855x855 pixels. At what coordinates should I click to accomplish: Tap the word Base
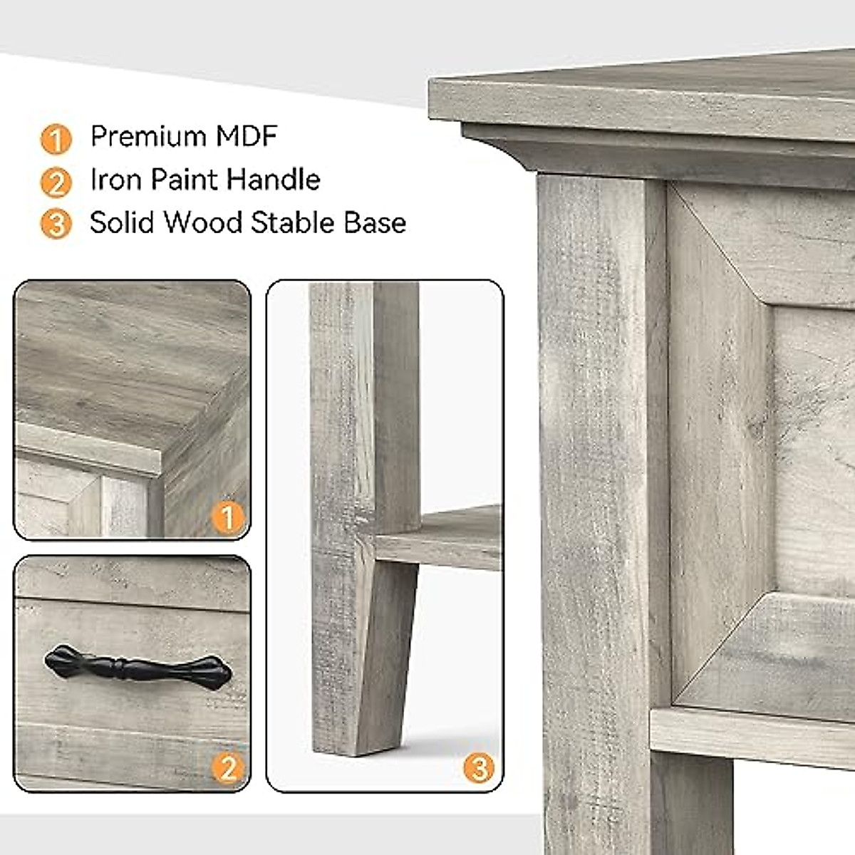pos(375,223)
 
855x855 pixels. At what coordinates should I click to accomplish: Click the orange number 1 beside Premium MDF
pos(56,139)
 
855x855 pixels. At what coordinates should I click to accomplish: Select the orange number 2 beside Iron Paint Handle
pos(56,182)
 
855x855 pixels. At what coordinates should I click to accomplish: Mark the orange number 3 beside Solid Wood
pos(56,225)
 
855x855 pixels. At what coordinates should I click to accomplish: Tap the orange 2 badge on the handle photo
pos(228,768)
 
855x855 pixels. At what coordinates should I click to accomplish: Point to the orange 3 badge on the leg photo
pos(479,768)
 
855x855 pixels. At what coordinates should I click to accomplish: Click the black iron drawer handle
pos(138,668)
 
